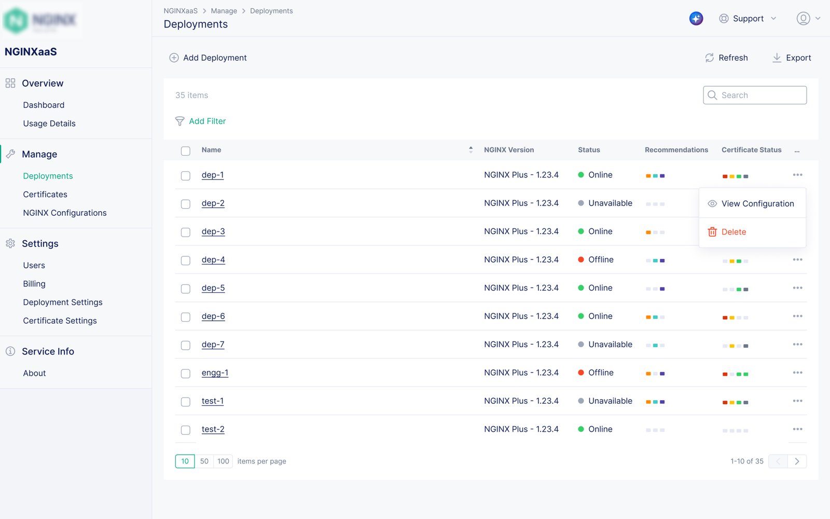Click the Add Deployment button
[x=208, y=58]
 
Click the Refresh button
[x=726, y=58]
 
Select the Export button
[x=792, y=58]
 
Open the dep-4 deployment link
[x=213, y=259]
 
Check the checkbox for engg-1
[x=185, y=373]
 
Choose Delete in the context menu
[x=734, y=232]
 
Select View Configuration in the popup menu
[x=757, y=203]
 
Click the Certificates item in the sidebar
[x=45, y=194]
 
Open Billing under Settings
[x=34, y=283]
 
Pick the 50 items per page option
[x=204, y=461]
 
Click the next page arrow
[x=797, y=461]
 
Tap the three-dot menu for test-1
[x=797, y=401]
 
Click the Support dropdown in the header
[x=748, y=19]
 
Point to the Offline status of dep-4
[x=601, y=259]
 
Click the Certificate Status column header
[x=751, y=150]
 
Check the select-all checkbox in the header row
[x=185, y=151]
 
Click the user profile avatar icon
[x=803, y=19]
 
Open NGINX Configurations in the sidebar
[x=65, y=213]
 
